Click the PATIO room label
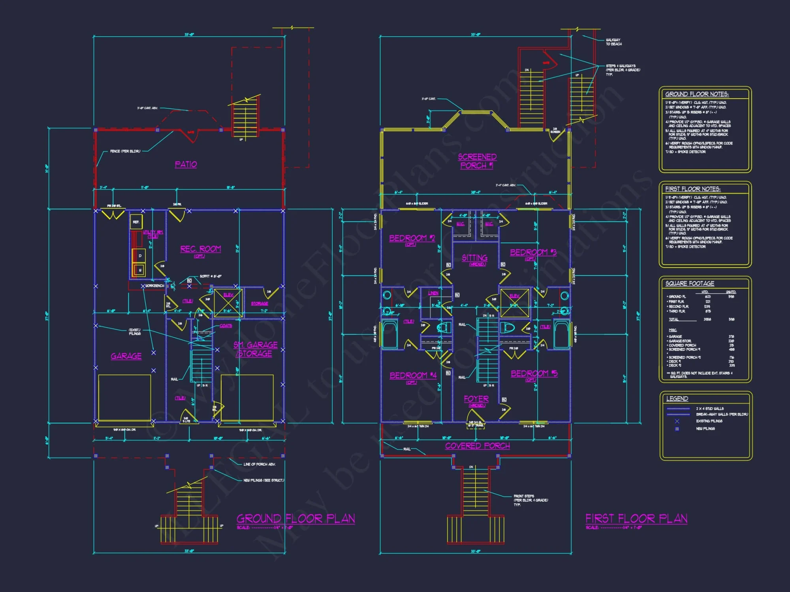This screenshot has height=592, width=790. click(186, 164)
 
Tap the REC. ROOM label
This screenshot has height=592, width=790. click(200, 249)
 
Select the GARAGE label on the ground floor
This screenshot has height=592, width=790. click(126, 356)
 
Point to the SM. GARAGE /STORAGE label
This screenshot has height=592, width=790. click(255, 349)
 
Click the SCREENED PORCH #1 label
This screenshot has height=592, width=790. click(477, 161)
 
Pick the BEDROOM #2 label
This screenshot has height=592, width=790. click(412, 238)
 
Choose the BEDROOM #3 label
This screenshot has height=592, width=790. click(533, 253)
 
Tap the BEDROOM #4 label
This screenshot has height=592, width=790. click(413, 375)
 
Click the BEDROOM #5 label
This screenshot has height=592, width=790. click(534, 373)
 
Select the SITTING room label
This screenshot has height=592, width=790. click(474, 258)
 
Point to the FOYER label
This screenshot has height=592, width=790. click(476, 399)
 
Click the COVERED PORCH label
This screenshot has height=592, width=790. click(477, 446)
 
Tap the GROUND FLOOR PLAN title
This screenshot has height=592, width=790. click(295, 518)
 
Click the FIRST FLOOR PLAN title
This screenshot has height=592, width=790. click(636, 518)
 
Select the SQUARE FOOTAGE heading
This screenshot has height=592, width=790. click(690, 283)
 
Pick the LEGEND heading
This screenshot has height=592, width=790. click(677, 399)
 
